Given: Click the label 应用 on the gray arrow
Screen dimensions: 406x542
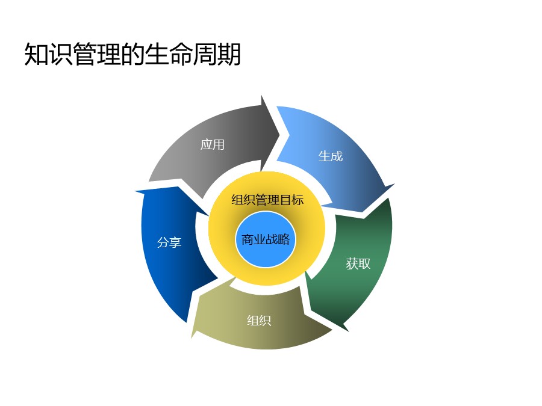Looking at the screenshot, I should (213, 144).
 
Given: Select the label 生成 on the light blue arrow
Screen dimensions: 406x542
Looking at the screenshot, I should (330, 156).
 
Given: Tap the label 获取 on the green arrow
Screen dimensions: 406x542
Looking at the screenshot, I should (358, 263).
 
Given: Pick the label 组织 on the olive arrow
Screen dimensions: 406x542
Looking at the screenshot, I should (259, 321).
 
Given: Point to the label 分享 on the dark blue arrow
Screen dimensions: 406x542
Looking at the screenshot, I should (169, 242).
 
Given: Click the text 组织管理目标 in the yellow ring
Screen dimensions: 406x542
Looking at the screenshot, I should (267, 200).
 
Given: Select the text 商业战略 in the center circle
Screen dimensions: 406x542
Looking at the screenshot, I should (266, 239).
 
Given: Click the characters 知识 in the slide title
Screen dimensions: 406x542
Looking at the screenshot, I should (47, 55).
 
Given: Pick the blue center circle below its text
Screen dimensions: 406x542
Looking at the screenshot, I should (266, 257).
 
